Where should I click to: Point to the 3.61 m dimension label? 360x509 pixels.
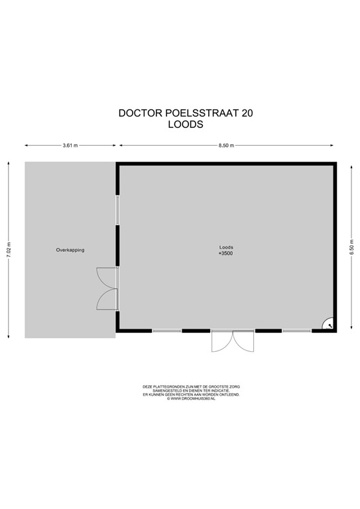[70, 145]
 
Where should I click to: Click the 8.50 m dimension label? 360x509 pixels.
[226, 145]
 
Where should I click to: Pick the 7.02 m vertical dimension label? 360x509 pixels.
[9, 248]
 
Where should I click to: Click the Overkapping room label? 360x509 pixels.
[70, 250]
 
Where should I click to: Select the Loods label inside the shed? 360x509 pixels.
[226, 247]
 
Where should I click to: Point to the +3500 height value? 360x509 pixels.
[226, 253]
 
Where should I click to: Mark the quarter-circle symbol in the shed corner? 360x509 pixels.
[327, 323]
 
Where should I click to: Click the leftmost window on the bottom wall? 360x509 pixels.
[166, 330]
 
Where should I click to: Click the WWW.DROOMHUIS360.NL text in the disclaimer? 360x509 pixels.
[192, 398]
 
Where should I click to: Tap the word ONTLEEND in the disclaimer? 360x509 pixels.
[229, 394]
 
